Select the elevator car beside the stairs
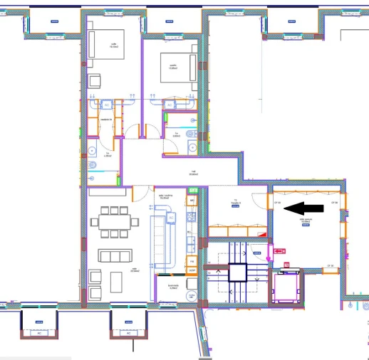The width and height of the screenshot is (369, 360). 288,287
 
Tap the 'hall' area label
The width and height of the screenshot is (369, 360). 193,173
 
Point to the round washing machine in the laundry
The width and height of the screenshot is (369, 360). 191,295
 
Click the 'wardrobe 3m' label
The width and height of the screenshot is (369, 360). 104,120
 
